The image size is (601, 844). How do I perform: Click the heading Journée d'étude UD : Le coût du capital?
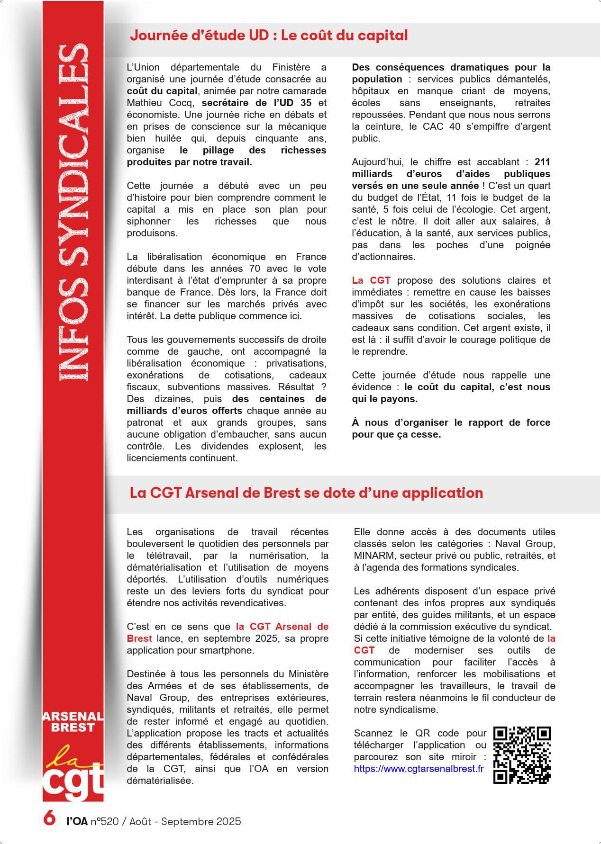(x=268, y=36)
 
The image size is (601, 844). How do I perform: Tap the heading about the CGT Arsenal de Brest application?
(x=306, y=493)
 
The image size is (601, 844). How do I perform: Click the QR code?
(x=522, y=755)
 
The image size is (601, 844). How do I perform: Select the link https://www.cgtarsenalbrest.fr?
(x=419, y=769)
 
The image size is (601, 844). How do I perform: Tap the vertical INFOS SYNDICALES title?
(x=73, y=213)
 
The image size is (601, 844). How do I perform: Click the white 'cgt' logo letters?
(x=73, y=781)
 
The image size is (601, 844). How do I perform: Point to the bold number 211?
(x=542, y=162)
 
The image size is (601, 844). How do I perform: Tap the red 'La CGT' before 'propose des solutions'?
(x=371, y=280)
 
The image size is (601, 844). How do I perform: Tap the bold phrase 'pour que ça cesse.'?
(x=396, y=434)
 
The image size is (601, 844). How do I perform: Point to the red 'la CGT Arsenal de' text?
(x=282, y=627)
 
